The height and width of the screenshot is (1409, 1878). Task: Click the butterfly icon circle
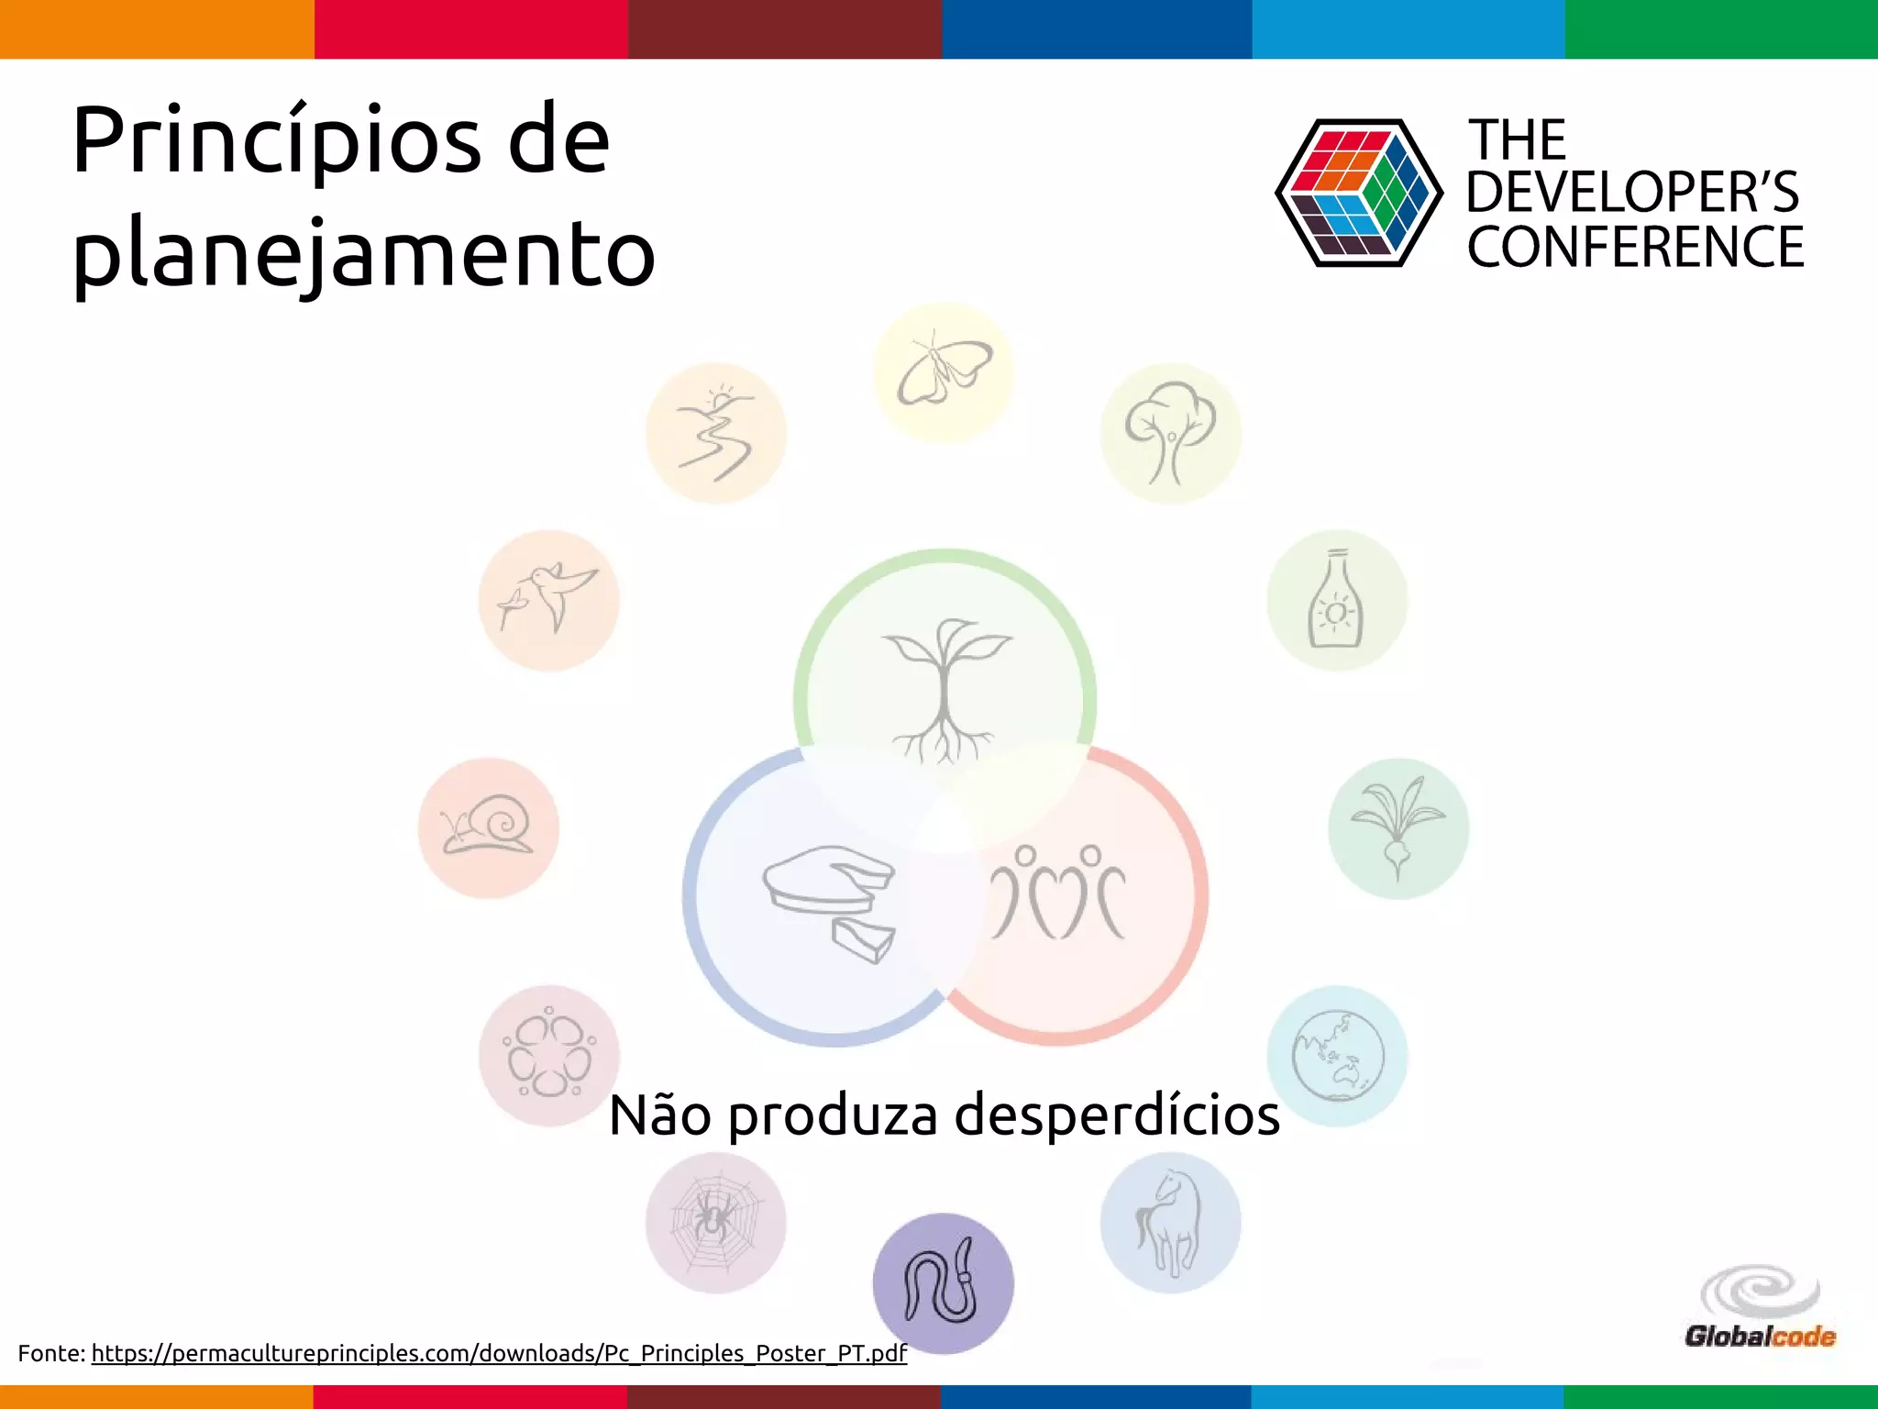tap(944, 373)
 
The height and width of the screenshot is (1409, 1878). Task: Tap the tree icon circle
tap(1170, 433)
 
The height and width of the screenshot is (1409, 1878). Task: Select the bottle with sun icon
tap(1336, 600)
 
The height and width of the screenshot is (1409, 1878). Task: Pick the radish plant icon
tap(1397, 827)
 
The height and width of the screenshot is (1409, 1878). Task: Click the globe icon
tap(1337, 1056)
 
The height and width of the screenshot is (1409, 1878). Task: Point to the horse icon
tap(1170, 1223)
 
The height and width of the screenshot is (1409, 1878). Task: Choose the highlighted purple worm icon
tap(943, 1283)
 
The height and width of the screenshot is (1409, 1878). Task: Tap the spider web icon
tap(715, 1223)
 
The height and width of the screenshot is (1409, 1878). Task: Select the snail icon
tap(488, 827)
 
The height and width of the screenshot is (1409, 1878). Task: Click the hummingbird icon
tap(548, 600)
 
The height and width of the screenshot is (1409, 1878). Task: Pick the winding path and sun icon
tap(715, 433)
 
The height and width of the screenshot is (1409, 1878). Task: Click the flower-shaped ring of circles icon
tap(548, 1056)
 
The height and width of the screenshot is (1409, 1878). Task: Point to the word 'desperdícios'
tap(1117, 1116)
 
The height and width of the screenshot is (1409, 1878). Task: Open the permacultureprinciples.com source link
tap(499, 1354)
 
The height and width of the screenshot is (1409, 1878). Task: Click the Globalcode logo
tap(1760, 1308)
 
